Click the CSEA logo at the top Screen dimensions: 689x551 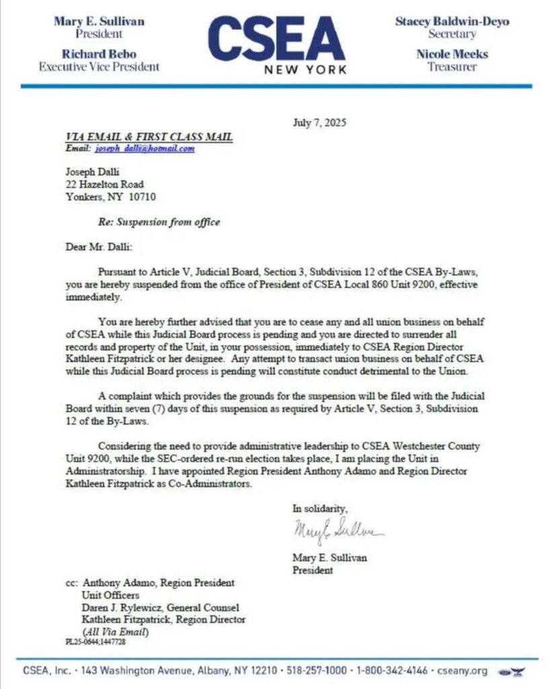(277, 42)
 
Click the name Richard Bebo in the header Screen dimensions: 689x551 (99, 54)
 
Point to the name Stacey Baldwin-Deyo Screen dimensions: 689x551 (451, 21)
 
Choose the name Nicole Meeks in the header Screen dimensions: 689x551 (451, 54)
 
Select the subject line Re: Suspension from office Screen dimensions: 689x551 (159, 221)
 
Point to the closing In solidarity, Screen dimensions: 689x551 (320, 507)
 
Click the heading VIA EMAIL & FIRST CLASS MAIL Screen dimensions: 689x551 (149, 137)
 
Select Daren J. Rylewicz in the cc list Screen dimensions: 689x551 (120, 607)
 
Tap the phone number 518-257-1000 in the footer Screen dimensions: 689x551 (318, 671)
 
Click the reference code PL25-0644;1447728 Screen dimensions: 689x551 (96, 642)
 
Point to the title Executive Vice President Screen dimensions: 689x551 (99, 67)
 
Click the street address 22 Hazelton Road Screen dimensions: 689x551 (104, 184)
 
